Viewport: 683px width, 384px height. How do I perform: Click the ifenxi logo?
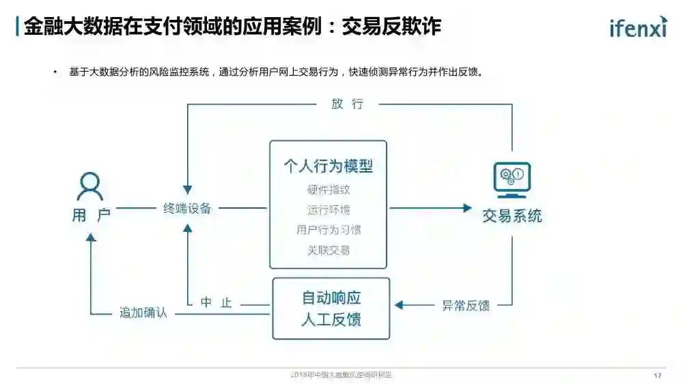click(x=638, y=27)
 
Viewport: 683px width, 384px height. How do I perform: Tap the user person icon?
click(x=89, y=186)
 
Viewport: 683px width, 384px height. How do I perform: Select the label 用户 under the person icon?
click(x=91, y=216)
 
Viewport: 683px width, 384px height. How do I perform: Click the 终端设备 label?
click(x=187, y=208)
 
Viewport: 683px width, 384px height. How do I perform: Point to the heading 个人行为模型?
click(x=328, y=166)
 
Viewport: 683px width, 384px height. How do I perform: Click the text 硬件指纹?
click(x=328, y=190)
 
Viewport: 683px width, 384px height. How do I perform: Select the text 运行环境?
click(x=328, y=209)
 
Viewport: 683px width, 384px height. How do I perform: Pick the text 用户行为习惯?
click(x=328, y=230)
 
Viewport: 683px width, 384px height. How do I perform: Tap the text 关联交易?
click(x=328, y=250)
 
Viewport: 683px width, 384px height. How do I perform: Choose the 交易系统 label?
click(x=512, y=216)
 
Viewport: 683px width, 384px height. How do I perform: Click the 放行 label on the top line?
click(x=347, y=104)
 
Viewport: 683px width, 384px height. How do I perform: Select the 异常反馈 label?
click(x=465, y=306)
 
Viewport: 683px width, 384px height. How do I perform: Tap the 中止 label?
click(x=216, y=303)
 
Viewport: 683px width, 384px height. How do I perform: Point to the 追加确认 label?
click(x=143, y=313)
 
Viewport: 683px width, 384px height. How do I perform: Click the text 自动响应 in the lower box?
click(x=331, y=298)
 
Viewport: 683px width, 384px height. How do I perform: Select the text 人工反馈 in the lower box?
click(x=331, y=319)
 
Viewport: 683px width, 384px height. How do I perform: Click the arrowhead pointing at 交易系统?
click(x=467, y=208)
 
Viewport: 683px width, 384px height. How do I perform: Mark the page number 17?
click(x=657, y=376)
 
